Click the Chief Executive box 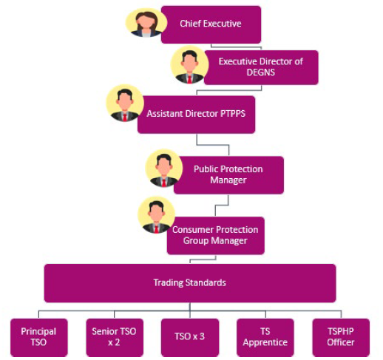coord(211,24)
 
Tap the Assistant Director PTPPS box coord(196,115)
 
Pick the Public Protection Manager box coord(228,174)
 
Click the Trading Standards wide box coord(189,282)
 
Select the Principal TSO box coord(38,336)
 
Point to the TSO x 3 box coord(189,336)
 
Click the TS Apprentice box coord(264,336)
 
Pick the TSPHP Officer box coord(341,336)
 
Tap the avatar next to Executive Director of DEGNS coord(189,66)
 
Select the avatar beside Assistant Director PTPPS coord(124,103)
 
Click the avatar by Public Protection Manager coord(163,169)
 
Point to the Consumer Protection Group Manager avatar coord(156,215)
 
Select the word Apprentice coord(264,342)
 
